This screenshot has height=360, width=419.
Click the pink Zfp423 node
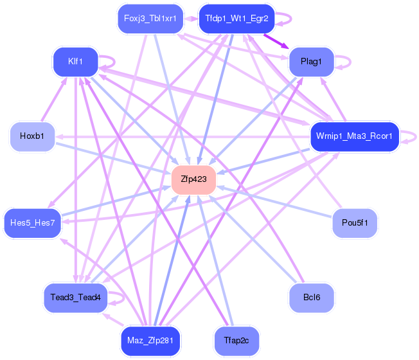pos(193,179)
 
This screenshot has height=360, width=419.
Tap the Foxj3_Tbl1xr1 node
pos(150,19)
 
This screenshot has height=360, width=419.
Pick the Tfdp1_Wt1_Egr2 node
pos(236,19)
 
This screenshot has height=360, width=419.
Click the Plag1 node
pos(311,62)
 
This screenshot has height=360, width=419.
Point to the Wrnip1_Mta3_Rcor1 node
pos(354,136)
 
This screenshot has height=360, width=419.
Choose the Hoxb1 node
pos(31,136)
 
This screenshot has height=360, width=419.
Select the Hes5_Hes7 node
pos(33,223)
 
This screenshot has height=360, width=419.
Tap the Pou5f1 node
pos(354,223)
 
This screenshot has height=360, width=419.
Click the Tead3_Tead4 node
pos(75,298)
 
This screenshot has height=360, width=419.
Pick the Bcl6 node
pos(312,298)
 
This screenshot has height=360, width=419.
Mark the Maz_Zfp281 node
pos(151,341)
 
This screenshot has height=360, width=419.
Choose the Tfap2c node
pos(236,341)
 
